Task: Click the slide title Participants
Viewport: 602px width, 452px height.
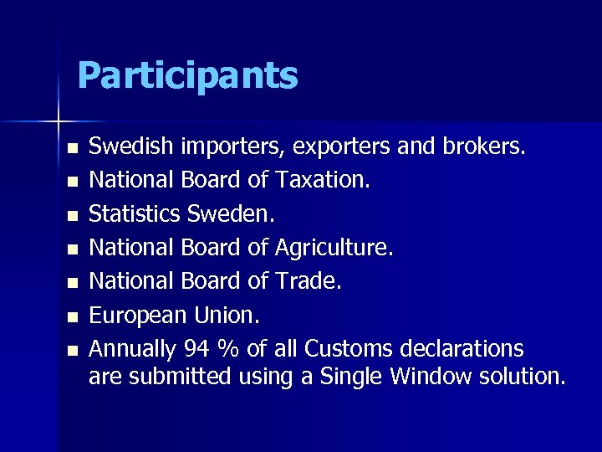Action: [187, 75]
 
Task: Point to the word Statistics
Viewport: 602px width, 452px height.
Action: [134, 213]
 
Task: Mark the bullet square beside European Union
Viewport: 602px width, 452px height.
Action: [73, 316]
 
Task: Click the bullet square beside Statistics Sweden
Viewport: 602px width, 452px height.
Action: [73, 215]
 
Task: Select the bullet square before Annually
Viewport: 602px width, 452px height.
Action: [73, 349]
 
